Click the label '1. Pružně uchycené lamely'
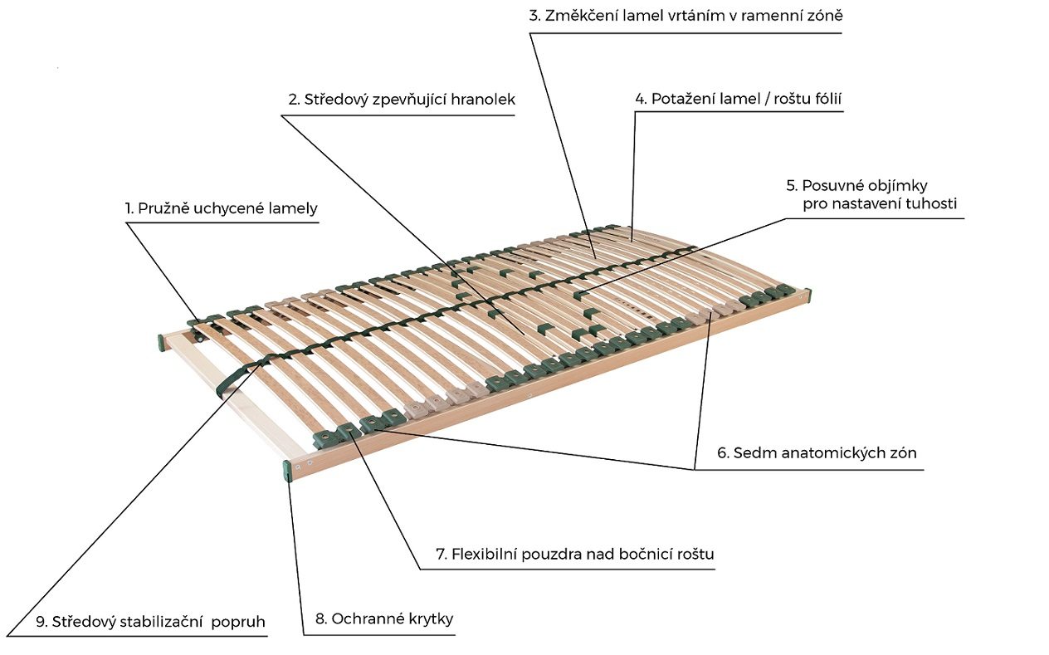click(221, 208)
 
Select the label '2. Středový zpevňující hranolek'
click(402, 100)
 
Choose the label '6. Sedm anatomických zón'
click(817, 452)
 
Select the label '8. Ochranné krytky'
click(384, 619)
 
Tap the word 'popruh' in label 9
click(238, 622)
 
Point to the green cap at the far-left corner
click(161, 343)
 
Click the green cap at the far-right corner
click(807, 296)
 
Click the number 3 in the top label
click(534, 16)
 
